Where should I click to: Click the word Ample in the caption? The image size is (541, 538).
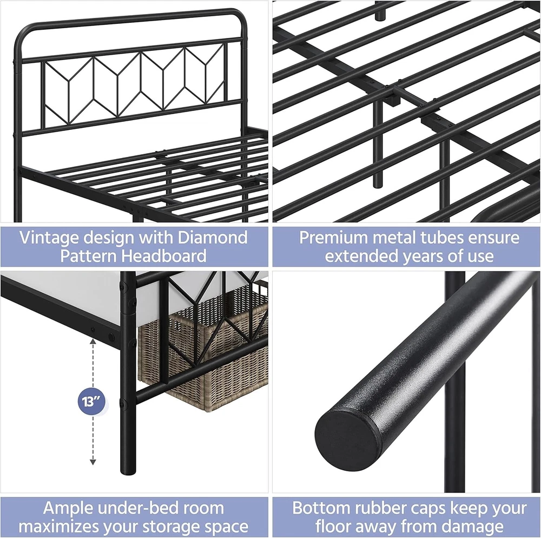click(x=65, y=508)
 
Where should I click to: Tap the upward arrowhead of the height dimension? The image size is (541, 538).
click(x=93, y=342)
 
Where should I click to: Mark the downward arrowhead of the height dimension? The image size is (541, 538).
click(x=93, y=462)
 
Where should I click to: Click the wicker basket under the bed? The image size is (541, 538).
click(x=203, y=352)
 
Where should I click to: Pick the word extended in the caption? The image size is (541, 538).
click(x=362, y=256)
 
